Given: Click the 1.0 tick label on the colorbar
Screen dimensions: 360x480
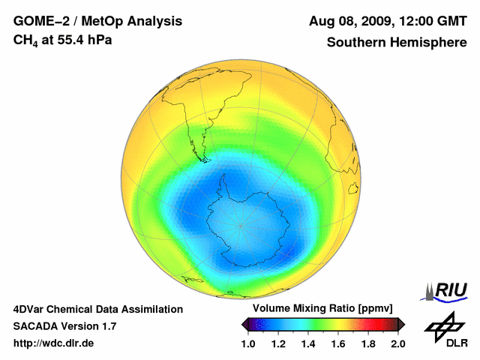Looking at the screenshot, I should point(248,343).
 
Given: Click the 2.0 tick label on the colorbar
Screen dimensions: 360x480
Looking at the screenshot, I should point(397,343).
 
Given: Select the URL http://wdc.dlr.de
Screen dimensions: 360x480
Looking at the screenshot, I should point(54,343).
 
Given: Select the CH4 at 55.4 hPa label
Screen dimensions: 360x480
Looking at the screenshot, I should point(63,40).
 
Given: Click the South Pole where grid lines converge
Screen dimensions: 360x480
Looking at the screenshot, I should point(241,225).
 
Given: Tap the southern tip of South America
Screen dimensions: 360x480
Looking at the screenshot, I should point(203,158).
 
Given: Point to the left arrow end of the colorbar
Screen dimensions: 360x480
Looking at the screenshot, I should point(244,324).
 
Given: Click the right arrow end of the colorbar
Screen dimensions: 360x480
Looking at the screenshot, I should point(401,324).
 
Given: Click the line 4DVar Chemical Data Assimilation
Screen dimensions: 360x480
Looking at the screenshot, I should point(98,309).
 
